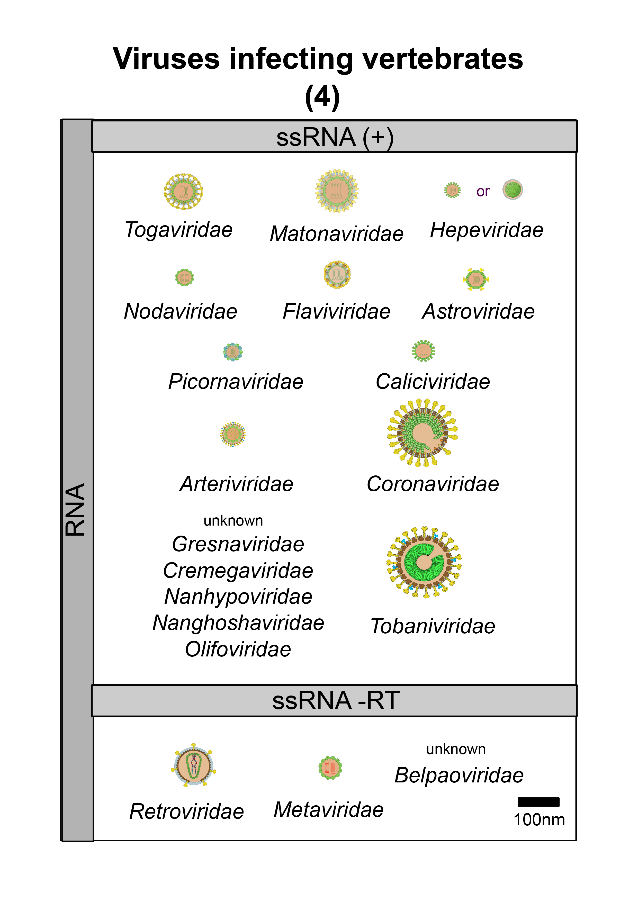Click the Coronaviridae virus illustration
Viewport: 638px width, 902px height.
click(423, 433)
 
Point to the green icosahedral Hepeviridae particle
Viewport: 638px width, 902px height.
click(513, 190)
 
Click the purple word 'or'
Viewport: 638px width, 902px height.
click(483, 191)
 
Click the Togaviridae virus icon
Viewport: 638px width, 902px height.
click(183, 191)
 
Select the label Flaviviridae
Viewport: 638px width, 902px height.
click(337, 312)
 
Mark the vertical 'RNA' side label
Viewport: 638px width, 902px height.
click(75, 510)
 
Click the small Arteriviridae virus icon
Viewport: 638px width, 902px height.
click(233, 434)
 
